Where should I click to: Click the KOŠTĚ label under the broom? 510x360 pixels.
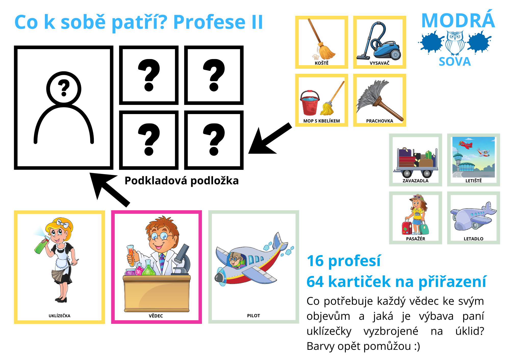coord(322,63)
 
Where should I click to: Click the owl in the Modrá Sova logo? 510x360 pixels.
coord(455,43)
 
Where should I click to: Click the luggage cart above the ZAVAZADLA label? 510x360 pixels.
coord(416,162)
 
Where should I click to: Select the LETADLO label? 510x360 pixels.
coord(474,239)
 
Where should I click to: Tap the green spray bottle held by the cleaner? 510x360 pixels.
coord(42,245)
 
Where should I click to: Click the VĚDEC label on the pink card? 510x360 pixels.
coord(156,316)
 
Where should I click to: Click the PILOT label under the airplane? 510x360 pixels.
coord(253,316)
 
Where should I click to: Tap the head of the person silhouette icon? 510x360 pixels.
coord(64,89)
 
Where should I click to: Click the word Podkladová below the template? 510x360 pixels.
coord(156,181)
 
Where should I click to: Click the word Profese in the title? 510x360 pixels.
coord(209,22)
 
